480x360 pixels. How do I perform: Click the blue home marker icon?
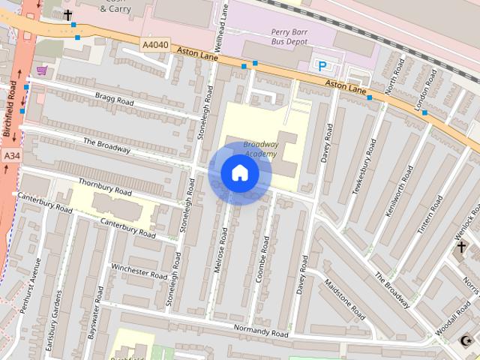(x=239, y=173)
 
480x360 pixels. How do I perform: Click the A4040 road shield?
(x=155, y=46)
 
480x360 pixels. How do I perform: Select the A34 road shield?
(x=10, y=155)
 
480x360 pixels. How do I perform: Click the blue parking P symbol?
(x=323, y=66)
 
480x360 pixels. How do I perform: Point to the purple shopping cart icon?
(x=42, y=70)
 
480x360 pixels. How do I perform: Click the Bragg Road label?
(x=114, y=100)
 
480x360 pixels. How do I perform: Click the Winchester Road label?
(x=139, y=271)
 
